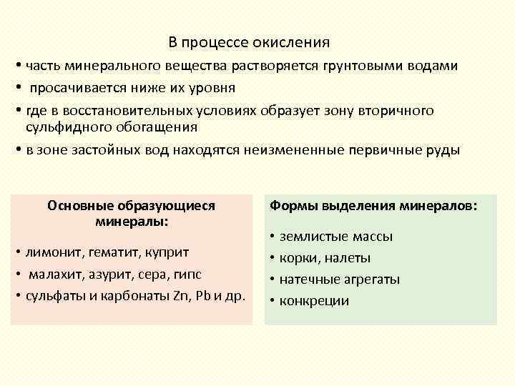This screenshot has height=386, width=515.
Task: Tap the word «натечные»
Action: click(309, 279)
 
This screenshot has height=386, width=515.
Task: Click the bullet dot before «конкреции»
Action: click(273, 300)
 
